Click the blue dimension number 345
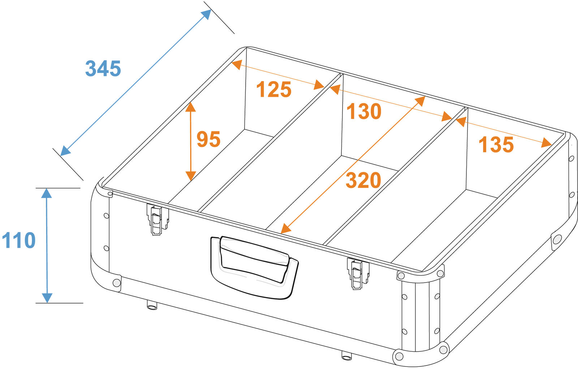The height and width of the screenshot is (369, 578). pos(103,68)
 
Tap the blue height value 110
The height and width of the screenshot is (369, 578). pos(18,240)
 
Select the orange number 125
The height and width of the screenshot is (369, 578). pos(274,89)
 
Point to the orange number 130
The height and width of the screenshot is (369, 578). pos(364,111)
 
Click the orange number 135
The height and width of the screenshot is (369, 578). pos(496,144)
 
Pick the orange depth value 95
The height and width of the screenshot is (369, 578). pos(208,139)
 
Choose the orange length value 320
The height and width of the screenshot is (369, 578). pos(363,180)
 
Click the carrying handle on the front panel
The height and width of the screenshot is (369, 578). pos(254,267)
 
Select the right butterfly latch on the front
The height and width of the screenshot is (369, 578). pos(358,273)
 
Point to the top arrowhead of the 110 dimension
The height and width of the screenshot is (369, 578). pos(47,193)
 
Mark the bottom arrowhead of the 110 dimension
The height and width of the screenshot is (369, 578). pos(47,298)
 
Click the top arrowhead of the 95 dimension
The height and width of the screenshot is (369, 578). pos(190,107)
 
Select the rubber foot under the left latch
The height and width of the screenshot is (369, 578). pos(152,305)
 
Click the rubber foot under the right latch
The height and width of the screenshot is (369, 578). pos(346,356)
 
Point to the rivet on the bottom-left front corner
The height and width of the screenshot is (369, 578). pos(117,283)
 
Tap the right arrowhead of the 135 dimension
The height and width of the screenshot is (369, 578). pos(546,143)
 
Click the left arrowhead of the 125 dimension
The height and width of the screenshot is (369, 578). pos(237,64)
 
